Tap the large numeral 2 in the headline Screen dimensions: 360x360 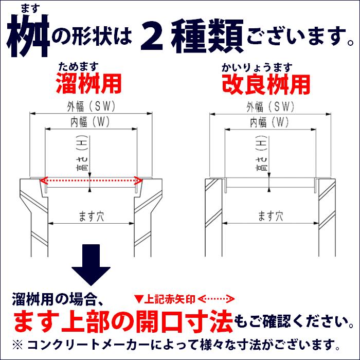tap(153, 37)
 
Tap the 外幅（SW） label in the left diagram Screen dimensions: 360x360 tap(91, 106)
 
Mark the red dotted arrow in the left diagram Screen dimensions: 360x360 tap(91, 180)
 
